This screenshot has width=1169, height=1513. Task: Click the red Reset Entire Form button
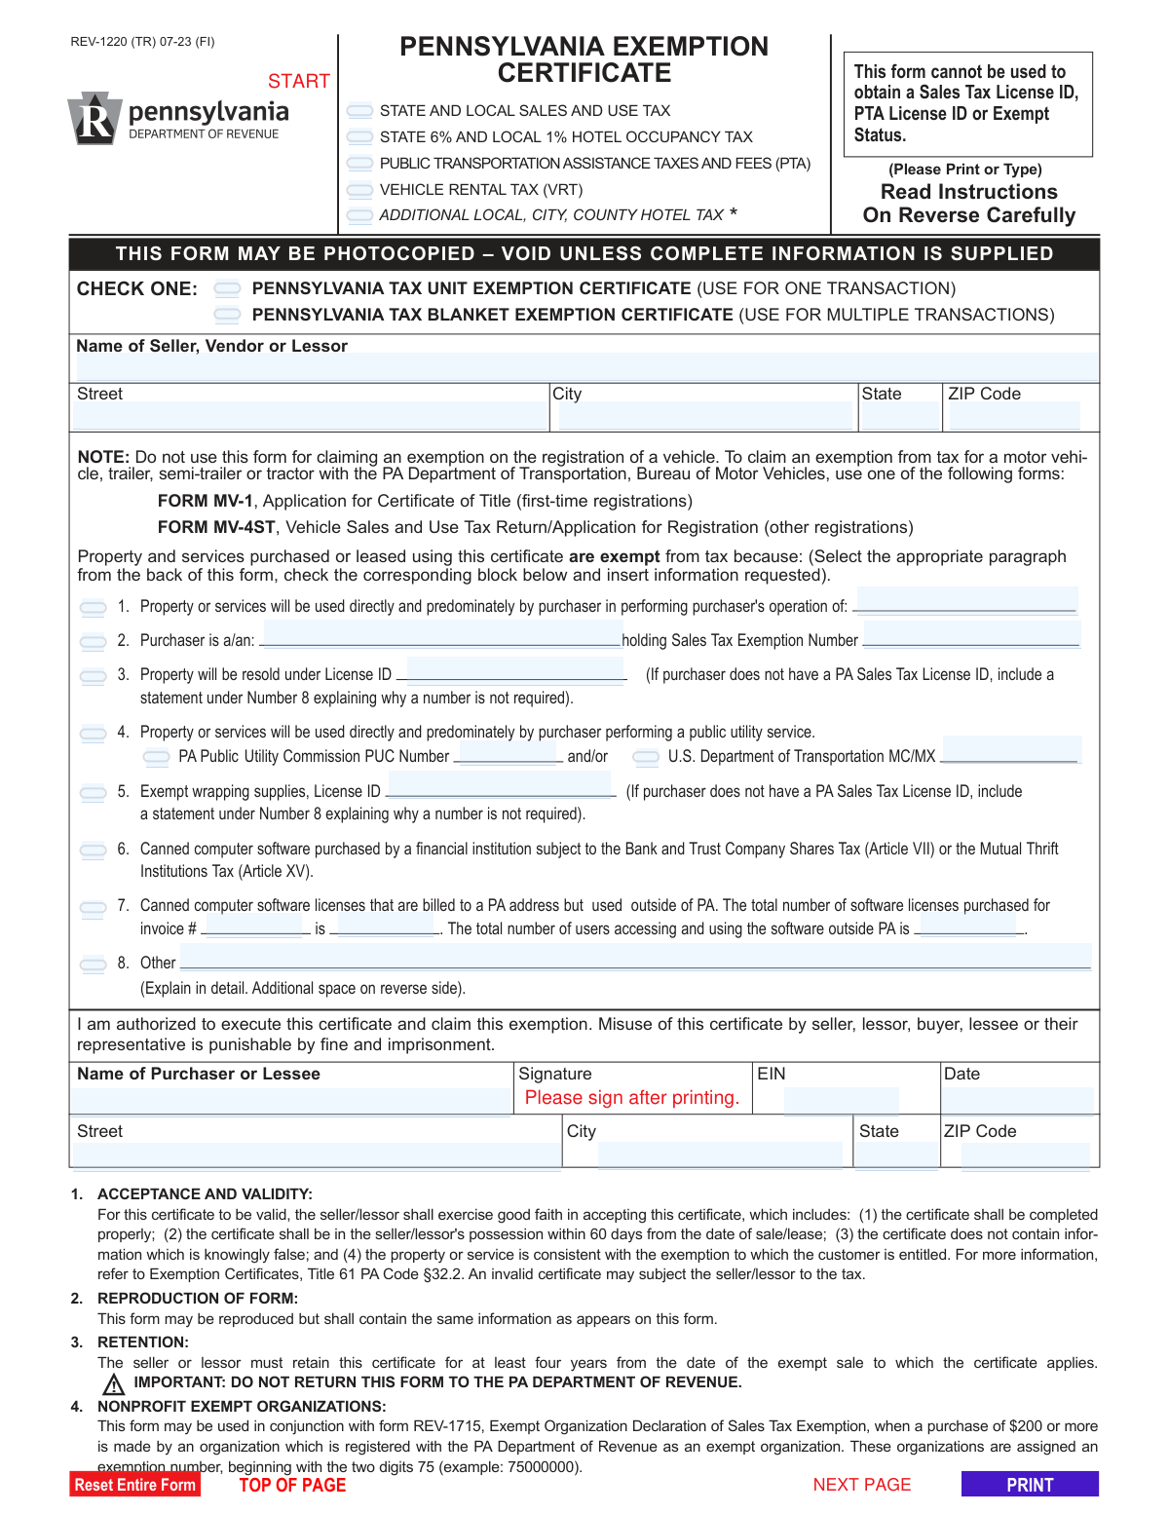click(134, 1485)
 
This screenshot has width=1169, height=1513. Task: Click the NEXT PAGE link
click(861, 1485)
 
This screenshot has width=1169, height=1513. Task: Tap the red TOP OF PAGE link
click(292, 1485)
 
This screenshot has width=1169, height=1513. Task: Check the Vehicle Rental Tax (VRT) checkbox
click(359, 190)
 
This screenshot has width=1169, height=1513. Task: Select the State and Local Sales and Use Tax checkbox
click(359, 111)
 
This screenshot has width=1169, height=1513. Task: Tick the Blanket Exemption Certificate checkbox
click(227, 315)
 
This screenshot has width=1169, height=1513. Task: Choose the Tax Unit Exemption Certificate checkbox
click(227, 288)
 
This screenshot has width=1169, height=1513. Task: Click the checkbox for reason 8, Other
click(94, 965)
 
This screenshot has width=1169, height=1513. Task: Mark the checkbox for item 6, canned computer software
click(94, 851)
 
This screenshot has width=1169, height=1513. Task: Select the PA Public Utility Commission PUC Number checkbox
click(156, 757)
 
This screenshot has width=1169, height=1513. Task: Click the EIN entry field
click(841, 1101)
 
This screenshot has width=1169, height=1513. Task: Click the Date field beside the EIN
click(1018, 1101)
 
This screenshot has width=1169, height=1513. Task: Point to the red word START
click(298, 81)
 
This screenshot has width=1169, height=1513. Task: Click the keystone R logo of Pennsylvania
click(94, 119)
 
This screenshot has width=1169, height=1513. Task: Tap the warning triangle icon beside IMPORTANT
click(114, 1384)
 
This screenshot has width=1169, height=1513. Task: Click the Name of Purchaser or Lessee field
click(290, 1101)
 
